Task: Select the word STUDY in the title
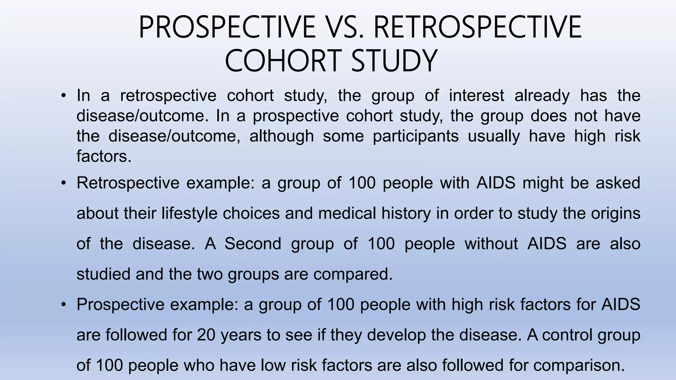click(x=394, y=61)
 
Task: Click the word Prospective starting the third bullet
click(x=120, y=304)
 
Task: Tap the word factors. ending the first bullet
click(x=104, y=156)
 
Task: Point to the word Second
click(x=253, y=243)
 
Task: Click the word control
click(x=572, y=334)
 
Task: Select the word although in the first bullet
click(x=282, y=136)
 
